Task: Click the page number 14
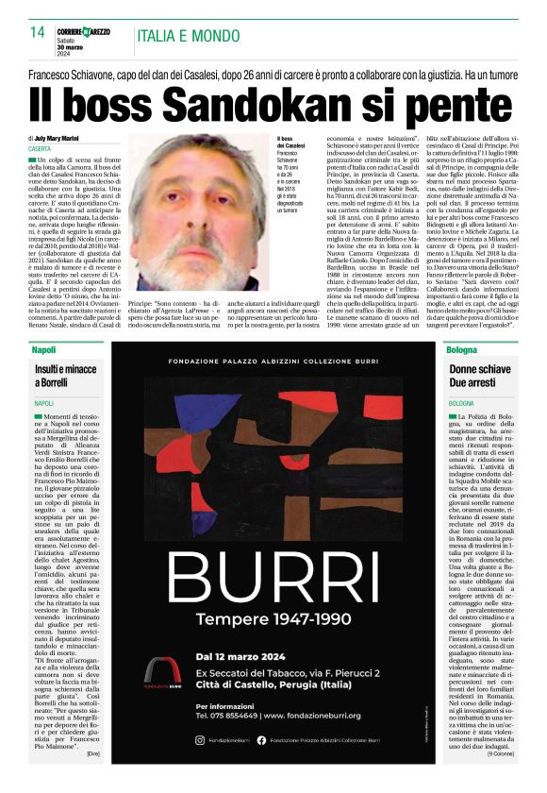(x=37, y=33)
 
